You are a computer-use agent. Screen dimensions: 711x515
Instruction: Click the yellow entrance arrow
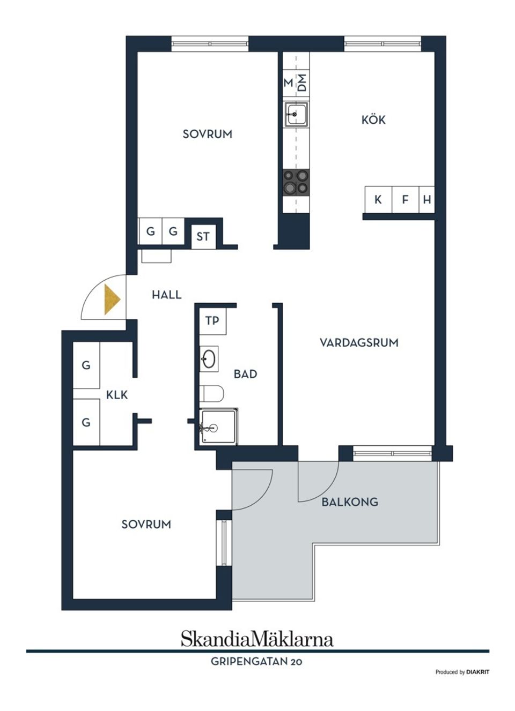coord(111,300)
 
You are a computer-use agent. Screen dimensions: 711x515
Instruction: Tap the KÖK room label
coord(373,120)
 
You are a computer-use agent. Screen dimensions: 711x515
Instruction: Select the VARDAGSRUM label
coord(359,343)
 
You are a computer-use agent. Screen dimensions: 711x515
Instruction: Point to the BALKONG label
coord(350,502)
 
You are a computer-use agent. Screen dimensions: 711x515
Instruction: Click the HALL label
coord(166,295)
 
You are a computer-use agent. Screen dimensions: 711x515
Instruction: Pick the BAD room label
coord(245,374)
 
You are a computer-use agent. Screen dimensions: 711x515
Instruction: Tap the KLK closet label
coord(117,395)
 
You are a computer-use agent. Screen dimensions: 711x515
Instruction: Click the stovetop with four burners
coord(296,182)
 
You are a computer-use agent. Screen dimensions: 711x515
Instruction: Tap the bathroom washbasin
coord(209,359)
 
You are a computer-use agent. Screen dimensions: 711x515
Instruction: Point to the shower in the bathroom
coord(218,426)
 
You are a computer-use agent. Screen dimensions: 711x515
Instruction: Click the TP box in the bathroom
coord(212,321)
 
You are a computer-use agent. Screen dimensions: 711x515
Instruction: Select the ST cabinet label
coord(203,236)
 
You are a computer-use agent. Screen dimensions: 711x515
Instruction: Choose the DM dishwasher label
coord(302,82)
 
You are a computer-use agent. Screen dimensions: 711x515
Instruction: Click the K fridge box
coord(378,200)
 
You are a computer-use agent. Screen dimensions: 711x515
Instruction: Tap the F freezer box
coord(405,200)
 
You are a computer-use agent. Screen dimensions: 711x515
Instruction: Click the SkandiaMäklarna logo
coord(257,639)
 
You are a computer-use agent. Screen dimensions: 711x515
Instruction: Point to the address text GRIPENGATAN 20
coord(256,662)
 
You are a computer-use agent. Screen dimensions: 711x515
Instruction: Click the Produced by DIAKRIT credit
coord(462,672)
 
